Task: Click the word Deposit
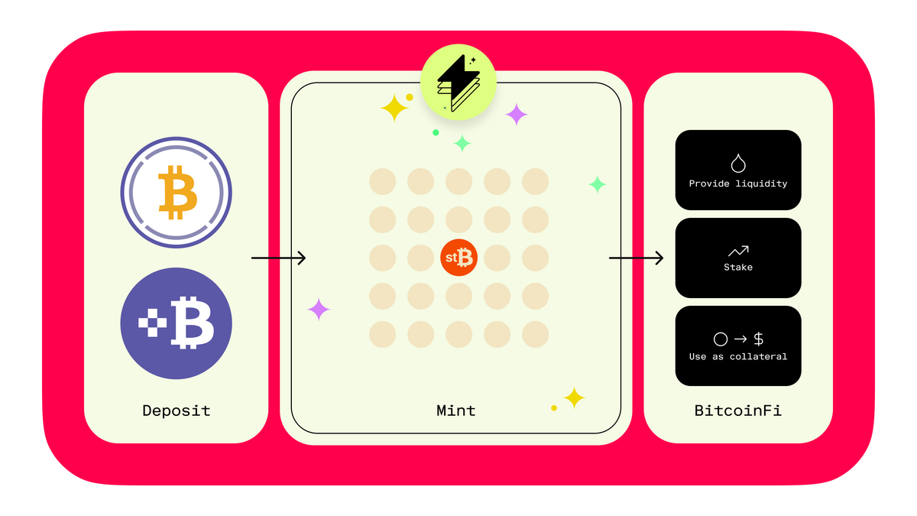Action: pos(177,411)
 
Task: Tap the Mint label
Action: pos(456,411)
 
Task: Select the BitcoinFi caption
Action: pos(737,411)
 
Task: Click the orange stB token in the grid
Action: pos(458,258)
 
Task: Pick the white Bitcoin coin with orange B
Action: pos(176,193)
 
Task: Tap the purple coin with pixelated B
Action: pos(176,323)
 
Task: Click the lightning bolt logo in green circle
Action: pos(458,82)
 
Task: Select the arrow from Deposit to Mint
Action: pos(278,258)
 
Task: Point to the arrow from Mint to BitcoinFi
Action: pos(636,258)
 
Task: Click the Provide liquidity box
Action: pos(738,170)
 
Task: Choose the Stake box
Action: pos(738,258)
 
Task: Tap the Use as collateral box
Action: pos(738,346)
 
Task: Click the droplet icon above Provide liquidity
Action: pos(738,164)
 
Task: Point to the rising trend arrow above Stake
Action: pos(738,251)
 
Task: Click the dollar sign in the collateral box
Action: pos(759,339)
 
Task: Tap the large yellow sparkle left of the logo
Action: pos(394,108)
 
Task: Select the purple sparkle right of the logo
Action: pos(517,114)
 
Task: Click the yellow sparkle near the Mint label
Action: pos(575,398)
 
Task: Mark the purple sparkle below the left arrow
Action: pos(319,309)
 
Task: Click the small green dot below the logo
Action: pos(436,133)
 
